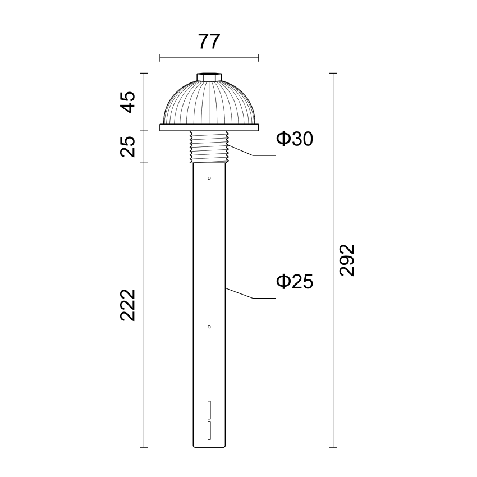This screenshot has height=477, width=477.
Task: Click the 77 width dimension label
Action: pyautogui.click(x=209, y=42)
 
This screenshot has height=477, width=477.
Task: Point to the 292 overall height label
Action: pyautogui.click(x=347, y=260)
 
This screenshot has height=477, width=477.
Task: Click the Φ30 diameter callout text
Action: pyautogui.click(x=295, y=139)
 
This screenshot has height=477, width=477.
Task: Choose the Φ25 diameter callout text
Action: pyautogui.click(x=295, y=281)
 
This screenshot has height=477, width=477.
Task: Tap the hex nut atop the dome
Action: pyautogui.click(x=209, y=77)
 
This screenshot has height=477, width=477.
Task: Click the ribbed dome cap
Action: pyautogui.click(x=209, y=103)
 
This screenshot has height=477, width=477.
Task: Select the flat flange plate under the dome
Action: pyautogui.click(x=209, y=127)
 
